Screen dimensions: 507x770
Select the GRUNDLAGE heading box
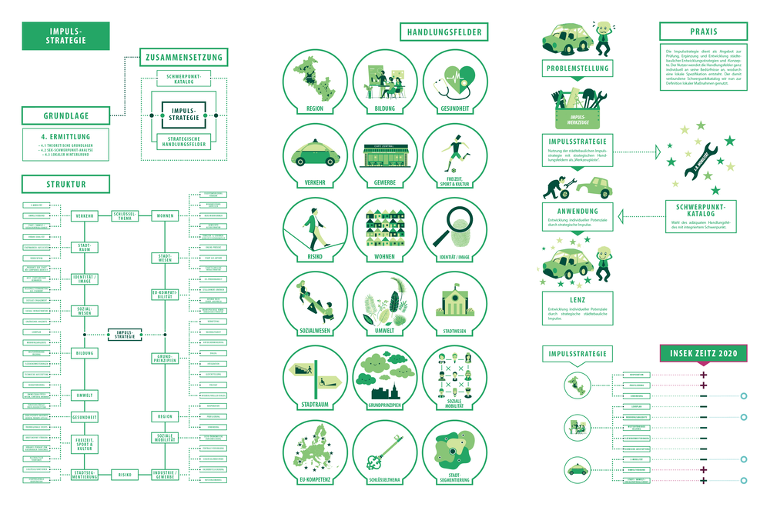point(66,116)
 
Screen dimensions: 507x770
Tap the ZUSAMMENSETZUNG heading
point(183,57)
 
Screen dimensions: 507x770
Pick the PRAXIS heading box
point(698,32)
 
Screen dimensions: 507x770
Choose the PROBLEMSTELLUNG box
point(577,68)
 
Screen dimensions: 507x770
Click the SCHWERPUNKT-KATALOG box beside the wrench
point(699,212)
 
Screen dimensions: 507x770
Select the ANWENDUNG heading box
point(577,210)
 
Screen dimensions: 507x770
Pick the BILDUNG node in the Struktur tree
point(85,353)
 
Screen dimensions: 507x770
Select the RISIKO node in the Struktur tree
point(126,475)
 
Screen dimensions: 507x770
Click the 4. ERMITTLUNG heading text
point(66,137)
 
